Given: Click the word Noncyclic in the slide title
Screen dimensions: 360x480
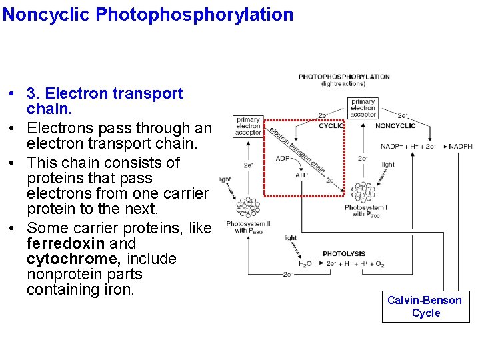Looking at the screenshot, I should click(x=47, y=14).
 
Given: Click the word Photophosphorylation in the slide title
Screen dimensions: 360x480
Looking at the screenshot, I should click(x=195, y=14).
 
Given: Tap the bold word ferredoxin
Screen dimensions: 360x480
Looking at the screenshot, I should click(x=65, y=243).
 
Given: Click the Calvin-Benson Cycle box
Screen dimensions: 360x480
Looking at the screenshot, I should click(x=425, y=307).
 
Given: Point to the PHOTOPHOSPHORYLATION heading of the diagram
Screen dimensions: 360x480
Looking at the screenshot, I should click(x=344, y=77).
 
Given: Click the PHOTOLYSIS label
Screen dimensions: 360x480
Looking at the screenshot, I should click(x=343, y=254).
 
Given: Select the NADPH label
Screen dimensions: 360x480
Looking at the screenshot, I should click(x=461, y=147).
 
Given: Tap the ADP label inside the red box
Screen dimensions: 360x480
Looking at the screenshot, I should click(x=283, y=159).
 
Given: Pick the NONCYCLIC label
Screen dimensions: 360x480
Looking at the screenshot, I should click(x=395, y=126).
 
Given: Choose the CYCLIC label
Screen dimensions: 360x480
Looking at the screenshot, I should click(x=331, y=126).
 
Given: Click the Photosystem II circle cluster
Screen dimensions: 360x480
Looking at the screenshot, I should click(x=248, y=207).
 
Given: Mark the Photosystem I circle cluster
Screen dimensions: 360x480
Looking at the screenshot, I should click(x=363, y=193).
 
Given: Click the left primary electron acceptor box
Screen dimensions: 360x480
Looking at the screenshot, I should click(x=249, y=126).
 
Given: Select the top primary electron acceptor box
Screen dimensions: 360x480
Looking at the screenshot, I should click(x=363, y=108).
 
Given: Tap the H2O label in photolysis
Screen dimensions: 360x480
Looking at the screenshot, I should click(x=303, y=265).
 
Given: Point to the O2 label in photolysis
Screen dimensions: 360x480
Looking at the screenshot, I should click(x=379, y=265).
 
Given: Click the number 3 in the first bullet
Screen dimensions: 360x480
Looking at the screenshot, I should click(x=31, y=94).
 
